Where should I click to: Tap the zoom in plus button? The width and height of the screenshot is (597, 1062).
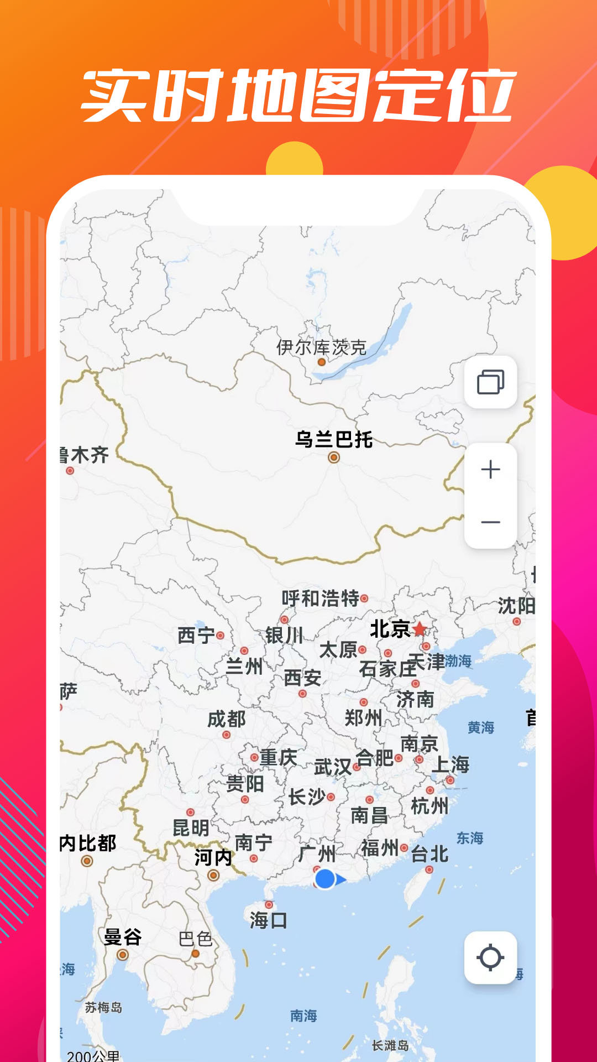point(490,470)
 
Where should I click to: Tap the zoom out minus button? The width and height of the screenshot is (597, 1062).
point(490,522)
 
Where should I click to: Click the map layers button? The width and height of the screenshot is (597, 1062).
point(490,382)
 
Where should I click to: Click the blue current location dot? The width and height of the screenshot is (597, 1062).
point(325,878)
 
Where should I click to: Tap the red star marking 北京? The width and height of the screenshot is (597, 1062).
point(420,629)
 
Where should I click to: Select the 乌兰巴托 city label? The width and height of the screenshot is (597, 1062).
point(334,440)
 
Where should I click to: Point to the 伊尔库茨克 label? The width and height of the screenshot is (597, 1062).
point(321,347)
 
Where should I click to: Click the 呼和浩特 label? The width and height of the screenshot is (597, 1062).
point(321,598)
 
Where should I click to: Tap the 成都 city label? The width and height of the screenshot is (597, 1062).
point(227,719)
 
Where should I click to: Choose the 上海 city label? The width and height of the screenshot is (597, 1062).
point(451,764)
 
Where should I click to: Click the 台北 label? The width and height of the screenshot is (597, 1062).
point(430,854)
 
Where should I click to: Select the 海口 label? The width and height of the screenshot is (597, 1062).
point(269,920)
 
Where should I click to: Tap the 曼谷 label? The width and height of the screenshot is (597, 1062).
point(123,937)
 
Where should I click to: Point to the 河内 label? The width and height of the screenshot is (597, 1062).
point(213,857)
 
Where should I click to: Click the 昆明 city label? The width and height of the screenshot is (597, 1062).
point(191,828)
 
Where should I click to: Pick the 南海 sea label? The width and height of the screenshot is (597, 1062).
point(303,1016)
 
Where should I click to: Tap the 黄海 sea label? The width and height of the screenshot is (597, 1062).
point(481,727)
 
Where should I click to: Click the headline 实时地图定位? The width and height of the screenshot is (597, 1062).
point(298,96)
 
